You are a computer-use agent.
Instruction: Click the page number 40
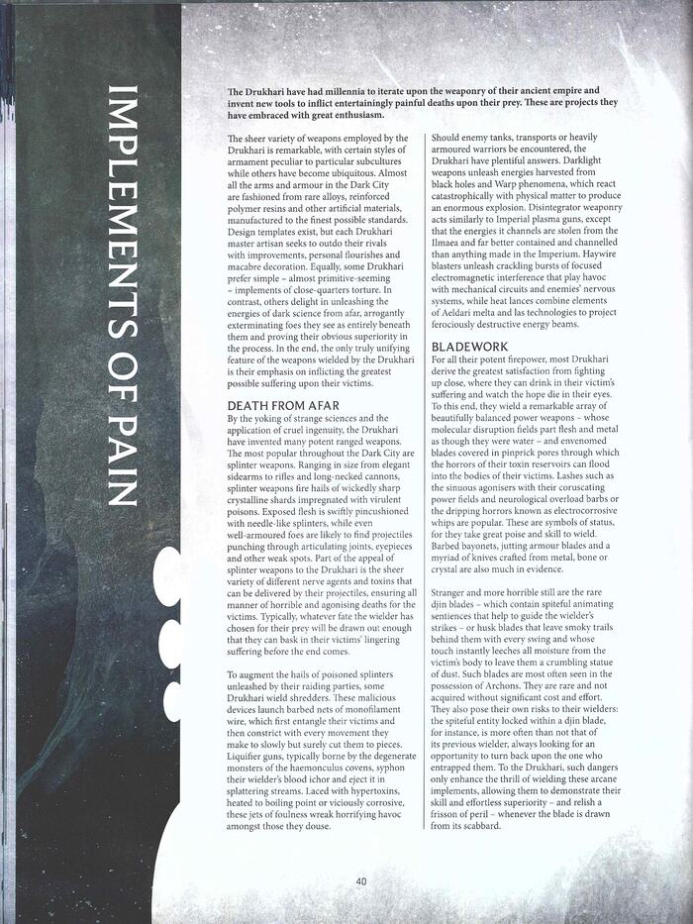tap(361, 881)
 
